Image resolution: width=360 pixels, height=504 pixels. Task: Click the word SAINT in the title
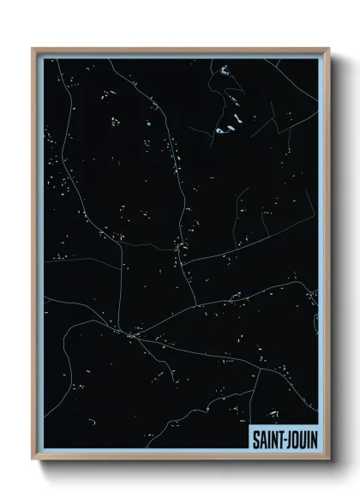266,438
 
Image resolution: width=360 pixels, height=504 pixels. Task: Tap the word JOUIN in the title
301,438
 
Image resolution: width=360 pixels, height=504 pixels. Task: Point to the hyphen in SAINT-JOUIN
284,439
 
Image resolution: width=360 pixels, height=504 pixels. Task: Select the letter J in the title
289,438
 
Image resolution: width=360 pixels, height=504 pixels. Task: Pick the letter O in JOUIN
296,438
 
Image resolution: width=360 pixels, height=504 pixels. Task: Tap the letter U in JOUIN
303,438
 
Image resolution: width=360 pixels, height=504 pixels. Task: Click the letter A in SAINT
260,438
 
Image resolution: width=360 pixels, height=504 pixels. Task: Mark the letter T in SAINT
279,438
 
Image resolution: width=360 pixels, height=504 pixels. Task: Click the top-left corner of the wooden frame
33,48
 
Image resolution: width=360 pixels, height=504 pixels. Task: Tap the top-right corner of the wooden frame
327,48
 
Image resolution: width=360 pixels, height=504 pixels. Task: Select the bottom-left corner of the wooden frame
33,460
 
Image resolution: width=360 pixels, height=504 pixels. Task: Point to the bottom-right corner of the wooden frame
327,460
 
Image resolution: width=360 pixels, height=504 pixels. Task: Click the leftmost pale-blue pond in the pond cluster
219,131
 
